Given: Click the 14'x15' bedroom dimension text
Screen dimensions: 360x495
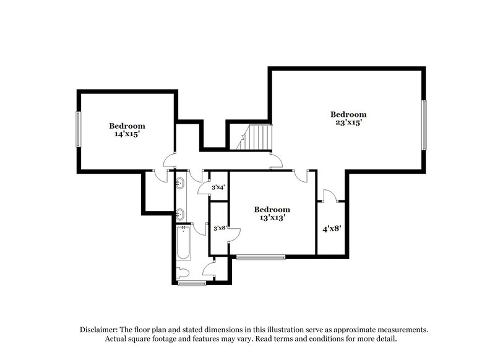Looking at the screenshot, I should click(127, 133).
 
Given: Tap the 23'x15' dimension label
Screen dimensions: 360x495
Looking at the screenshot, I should click(348, 122).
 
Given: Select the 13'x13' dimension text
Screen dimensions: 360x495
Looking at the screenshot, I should click(272, 217).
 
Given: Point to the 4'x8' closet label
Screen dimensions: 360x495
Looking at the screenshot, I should click(332, 228).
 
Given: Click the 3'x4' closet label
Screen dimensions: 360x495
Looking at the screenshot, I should click(218, 187).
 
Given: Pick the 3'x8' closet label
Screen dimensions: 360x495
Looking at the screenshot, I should click(219, 228).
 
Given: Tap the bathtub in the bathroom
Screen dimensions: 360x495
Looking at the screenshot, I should click(183, 244).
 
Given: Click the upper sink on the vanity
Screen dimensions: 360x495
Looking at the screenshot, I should click(181, 183).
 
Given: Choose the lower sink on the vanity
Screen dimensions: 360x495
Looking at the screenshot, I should click(181, 215).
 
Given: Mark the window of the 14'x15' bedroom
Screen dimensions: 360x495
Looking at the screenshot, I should click(78, 129).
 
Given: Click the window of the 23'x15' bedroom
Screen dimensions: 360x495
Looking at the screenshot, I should click(424, 124).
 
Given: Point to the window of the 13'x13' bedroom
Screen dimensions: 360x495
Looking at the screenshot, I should click(261, 256).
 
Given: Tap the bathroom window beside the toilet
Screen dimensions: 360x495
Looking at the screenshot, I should click(191, 283).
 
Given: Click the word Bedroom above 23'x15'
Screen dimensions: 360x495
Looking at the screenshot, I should click(348, 114).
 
